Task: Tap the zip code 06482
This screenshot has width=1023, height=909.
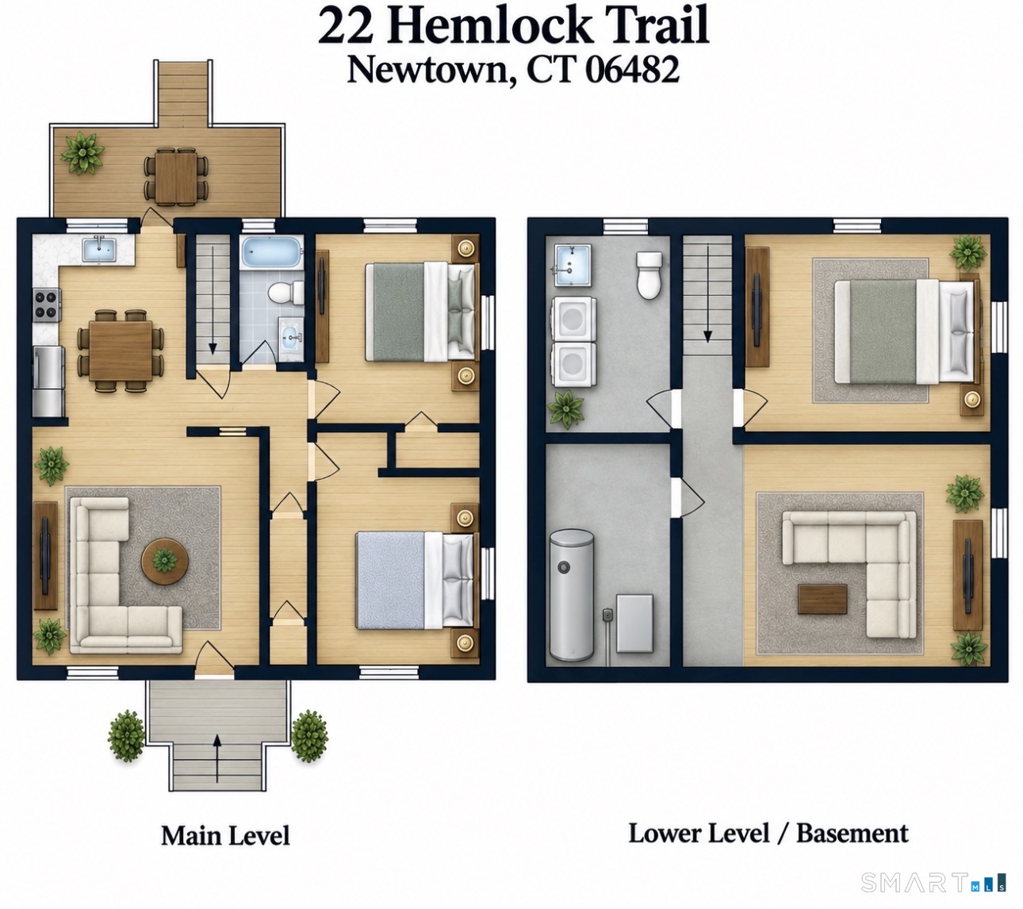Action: point(632,70)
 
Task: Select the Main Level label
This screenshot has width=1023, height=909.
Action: point(225,835)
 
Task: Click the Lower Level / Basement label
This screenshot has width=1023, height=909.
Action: point(768,833)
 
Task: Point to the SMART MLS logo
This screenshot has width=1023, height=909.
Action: point(933,882)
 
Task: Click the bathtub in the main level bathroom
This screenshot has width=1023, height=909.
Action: point(272,252)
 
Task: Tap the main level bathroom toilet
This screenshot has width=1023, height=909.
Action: point(285,293)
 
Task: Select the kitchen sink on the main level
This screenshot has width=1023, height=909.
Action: point(99,250)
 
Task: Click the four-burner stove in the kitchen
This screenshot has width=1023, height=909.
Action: point(48,305)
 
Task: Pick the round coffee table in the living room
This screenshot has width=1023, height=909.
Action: point(165,562)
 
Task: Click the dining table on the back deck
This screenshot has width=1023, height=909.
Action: point(176,177)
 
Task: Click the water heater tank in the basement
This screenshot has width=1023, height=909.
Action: point(571,595)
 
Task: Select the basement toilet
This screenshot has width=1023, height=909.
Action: point(649,274)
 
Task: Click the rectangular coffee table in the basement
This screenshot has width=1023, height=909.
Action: point(822,599)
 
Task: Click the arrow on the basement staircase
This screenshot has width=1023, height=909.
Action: point(707,293)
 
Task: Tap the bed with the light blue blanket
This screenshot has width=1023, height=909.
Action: point(415,580)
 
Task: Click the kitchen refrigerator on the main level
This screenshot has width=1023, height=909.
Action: point(48,382)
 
